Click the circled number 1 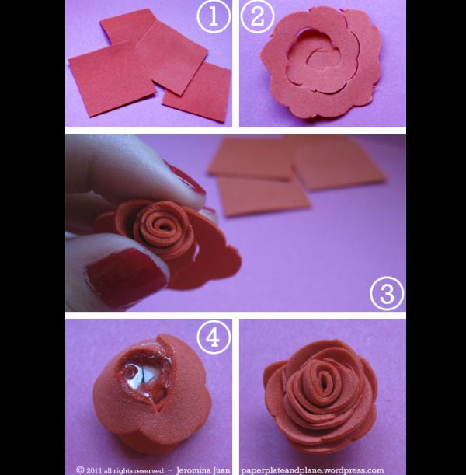(214, 16)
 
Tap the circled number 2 (258, 16)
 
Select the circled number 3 (387, 293)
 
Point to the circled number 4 (214, 337)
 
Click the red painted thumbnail (127, 275)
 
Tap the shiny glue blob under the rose (144, 378)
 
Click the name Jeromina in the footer (196, 470)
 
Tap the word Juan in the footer (224, 470)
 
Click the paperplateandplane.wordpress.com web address (312, 470)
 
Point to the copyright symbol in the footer (80, 470)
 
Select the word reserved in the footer (148, 471)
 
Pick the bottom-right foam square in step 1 (196, 93)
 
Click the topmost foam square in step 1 (129, 26)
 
